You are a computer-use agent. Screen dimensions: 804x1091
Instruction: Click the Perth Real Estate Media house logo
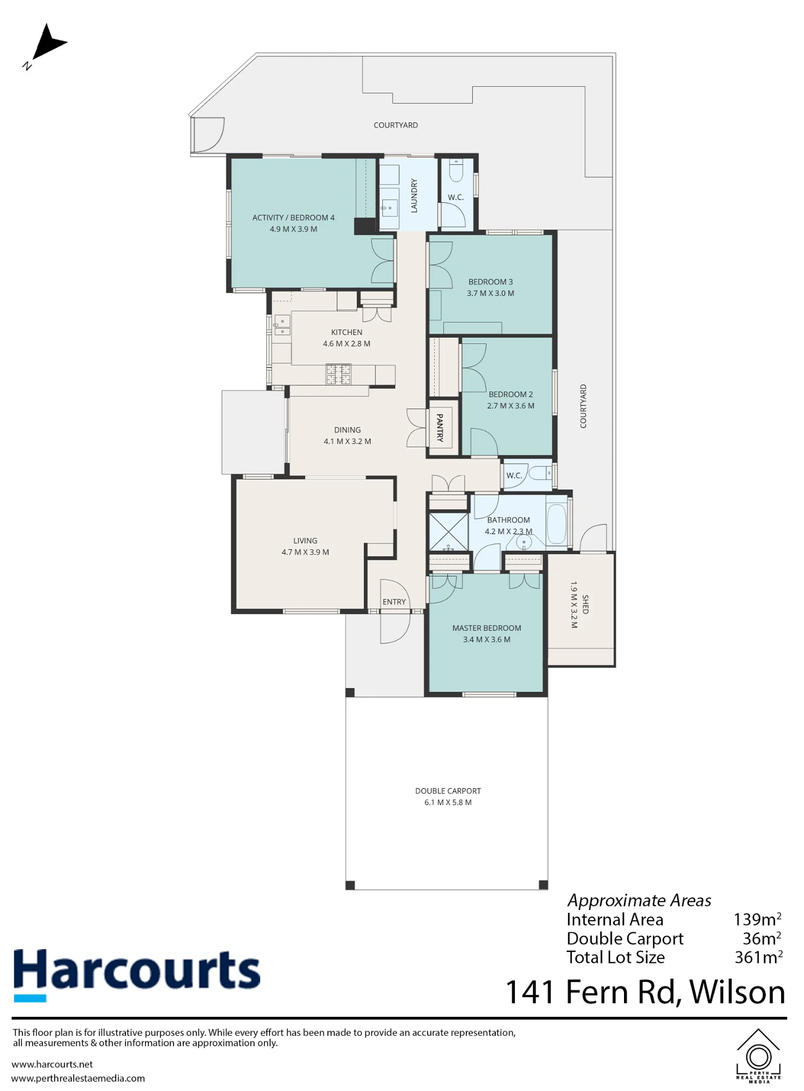758,1056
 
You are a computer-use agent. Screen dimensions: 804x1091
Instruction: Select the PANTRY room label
440,428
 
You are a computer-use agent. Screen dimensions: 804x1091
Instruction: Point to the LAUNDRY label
414,195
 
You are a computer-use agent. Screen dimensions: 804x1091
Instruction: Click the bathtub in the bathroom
557,524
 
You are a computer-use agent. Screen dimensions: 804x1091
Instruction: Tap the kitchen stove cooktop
338,374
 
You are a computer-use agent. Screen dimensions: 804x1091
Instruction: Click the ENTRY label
394,602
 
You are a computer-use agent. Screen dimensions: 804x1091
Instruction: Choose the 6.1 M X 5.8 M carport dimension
448,802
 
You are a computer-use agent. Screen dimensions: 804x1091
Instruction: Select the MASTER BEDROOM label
487,628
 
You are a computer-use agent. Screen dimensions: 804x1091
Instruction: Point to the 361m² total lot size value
759,957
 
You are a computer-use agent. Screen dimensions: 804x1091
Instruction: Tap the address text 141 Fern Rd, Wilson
645,992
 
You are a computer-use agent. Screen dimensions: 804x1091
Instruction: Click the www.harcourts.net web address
52,1064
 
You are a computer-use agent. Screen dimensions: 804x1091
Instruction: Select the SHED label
585,604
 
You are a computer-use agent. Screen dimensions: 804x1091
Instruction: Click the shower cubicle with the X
448,531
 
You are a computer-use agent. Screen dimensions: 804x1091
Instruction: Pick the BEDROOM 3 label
490,282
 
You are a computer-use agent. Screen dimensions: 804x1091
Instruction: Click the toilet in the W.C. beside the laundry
456,170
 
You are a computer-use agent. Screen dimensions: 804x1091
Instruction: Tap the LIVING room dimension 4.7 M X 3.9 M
305,552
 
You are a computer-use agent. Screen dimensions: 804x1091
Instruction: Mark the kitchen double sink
282,326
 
